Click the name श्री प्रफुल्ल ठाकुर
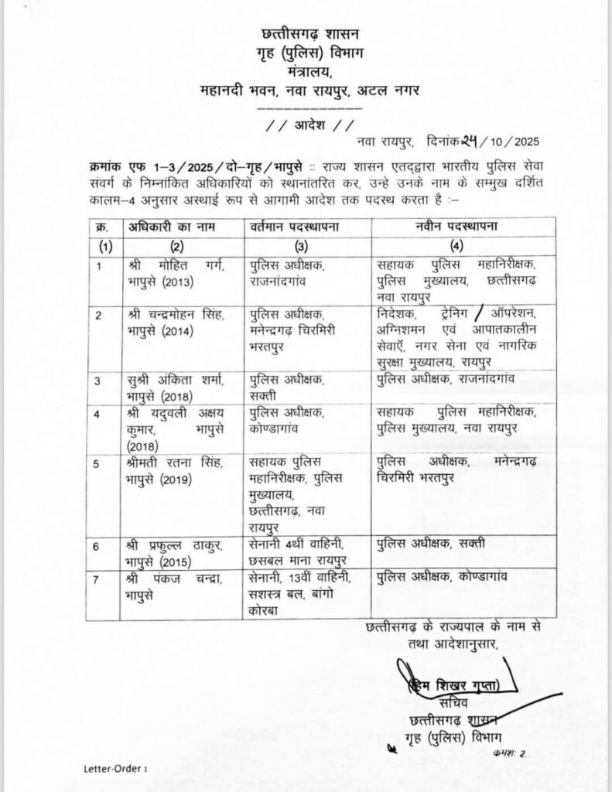click(176, 546)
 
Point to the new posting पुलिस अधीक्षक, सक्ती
click(431, 539)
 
